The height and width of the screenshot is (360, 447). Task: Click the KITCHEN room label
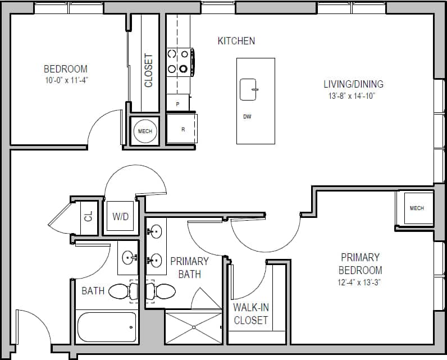236,41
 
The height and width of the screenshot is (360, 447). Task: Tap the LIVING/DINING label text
353,84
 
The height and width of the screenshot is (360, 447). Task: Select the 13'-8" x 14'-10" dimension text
353,96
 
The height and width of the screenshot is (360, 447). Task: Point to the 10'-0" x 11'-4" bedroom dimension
66,80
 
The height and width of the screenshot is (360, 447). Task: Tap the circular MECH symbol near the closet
145,131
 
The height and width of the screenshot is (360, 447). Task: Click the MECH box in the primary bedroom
416,208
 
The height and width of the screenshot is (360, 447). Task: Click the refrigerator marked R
181,129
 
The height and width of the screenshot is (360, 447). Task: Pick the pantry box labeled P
178,103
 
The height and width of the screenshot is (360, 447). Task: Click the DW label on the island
247,117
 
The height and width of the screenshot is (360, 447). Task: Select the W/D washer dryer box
120,216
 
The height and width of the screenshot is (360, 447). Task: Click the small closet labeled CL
88,216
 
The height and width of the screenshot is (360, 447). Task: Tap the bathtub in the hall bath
107,327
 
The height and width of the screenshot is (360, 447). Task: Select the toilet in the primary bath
161,291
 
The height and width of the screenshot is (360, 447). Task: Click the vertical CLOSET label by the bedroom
149,70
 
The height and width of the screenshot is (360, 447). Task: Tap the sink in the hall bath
130,259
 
